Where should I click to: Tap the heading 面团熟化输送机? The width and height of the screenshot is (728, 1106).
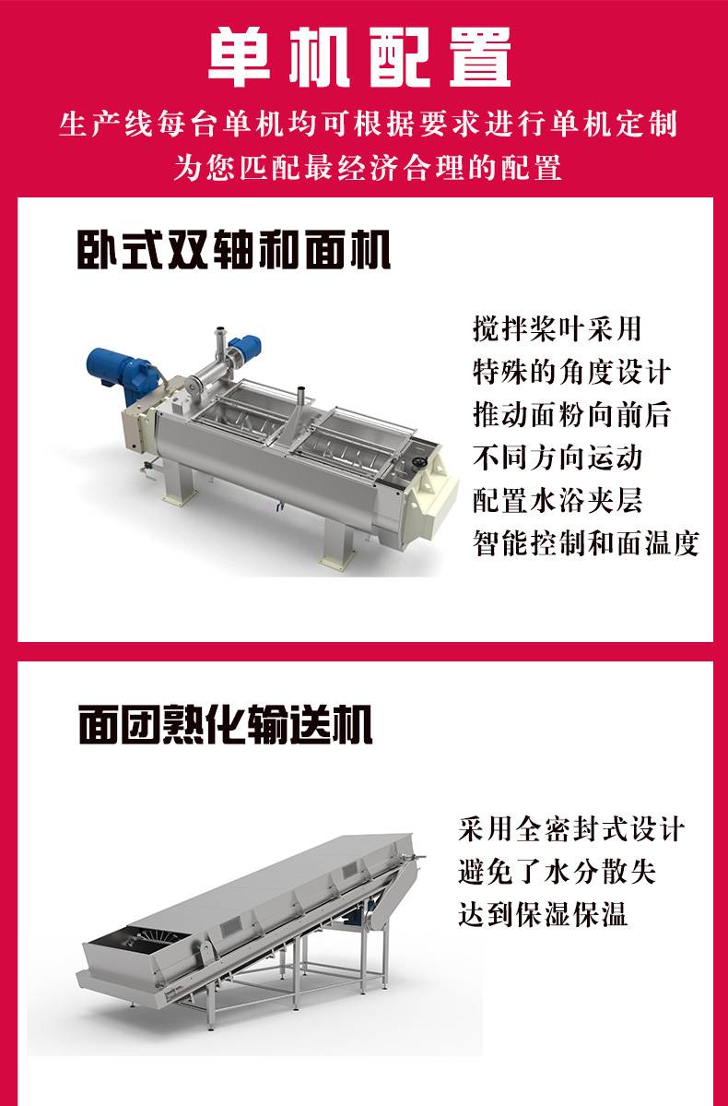pyautogui.click(x=226, y=724)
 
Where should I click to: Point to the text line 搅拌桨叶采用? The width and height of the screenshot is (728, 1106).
pyautogui.click(x=558, y=328)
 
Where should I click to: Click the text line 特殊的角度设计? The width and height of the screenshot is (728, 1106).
pyautogui.click(x=571, y=372)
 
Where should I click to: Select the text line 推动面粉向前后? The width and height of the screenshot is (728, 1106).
pyautogui.click(x=571, y=415)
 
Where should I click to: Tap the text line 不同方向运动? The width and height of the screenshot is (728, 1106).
pyautogui.click(x=558, y=458)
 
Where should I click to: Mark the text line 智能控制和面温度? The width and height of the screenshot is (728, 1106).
pyautogui.click(x=586, y=543)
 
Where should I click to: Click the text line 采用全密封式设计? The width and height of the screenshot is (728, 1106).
pyautogui.click(x=570, y=828)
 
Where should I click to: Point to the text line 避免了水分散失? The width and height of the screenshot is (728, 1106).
pyautogui.click(x=557, y=872)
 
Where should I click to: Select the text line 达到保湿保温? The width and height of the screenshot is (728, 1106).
pyautogui.click(x=543, y=914)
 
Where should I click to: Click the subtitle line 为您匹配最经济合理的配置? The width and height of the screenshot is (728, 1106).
pyautogui.click(x=367, y=168)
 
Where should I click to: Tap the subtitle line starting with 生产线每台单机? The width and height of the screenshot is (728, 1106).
pyautogui.click(x=368, y=125)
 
